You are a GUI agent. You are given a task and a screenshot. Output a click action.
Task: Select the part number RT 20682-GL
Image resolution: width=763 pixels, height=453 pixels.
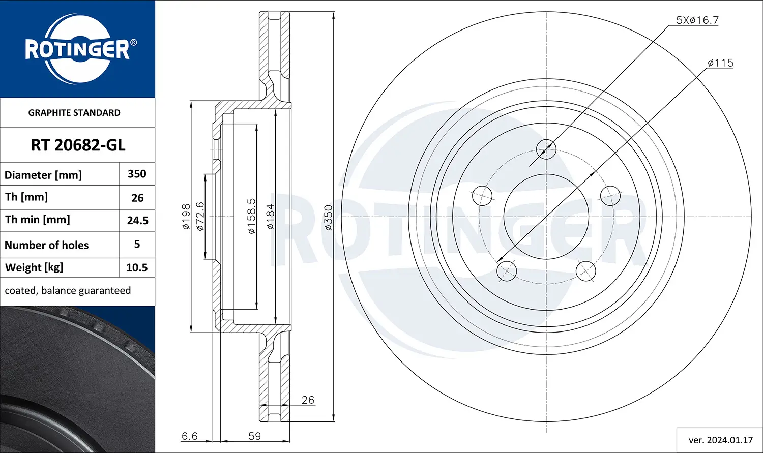pos(78,145)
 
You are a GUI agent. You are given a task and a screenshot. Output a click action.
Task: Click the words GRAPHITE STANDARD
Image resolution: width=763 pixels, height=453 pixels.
pos(74,113)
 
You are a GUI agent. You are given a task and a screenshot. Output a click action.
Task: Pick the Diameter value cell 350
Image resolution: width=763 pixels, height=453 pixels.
pos(137,174)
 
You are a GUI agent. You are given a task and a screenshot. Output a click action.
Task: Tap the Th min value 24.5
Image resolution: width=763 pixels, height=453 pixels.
pos(137,221)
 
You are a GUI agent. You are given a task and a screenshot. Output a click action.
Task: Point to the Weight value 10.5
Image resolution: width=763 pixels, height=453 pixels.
pos(137,268)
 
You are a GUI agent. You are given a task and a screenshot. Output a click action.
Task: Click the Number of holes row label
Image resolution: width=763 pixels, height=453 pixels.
pos(47,245)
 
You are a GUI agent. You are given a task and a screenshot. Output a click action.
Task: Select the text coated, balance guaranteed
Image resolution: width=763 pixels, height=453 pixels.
pos(68,291)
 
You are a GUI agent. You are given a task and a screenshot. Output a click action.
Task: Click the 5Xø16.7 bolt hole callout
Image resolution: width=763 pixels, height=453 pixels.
pos(696,20)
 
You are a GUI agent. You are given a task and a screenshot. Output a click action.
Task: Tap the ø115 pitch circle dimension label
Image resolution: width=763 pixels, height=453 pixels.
pos(720,63)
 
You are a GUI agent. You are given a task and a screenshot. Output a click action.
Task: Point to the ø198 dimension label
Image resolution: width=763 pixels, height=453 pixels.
pos(186,217)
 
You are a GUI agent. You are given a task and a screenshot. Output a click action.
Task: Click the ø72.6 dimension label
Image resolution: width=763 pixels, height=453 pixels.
pos(200,217)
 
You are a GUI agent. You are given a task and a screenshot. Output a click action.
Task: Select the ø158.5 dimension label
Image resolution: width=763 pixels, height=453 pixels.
pos(252,217)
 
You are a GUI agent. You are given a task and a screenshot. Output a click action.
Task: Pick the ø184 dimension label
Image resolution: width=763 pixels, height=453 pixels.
pos(270,217)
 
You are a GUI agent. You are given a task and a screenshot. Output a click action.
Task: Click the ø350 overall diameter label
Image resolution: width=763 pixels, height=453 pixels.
pos(328,218)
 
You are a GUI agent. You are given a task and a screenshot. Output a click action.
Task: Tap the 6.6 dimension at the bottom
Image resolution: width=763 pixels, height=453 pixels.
pos(189,436)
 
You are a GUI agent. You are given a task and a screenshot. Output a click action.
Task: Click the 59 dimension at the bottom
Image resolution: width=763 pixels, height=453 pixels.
pos(254,436)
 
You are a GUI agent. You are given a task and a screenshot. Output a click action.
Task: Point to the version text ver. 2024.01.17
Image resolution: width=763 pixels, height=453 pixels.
pos(720,440)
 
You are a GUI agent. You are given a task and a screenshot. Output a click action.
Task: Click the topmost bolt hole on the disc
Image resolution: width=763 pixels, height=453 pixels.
pos(546,149)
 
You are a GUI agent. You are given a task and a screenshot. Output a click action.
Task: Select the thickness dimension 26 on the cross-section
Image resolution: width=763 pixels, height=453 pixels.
pos(308,400)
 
